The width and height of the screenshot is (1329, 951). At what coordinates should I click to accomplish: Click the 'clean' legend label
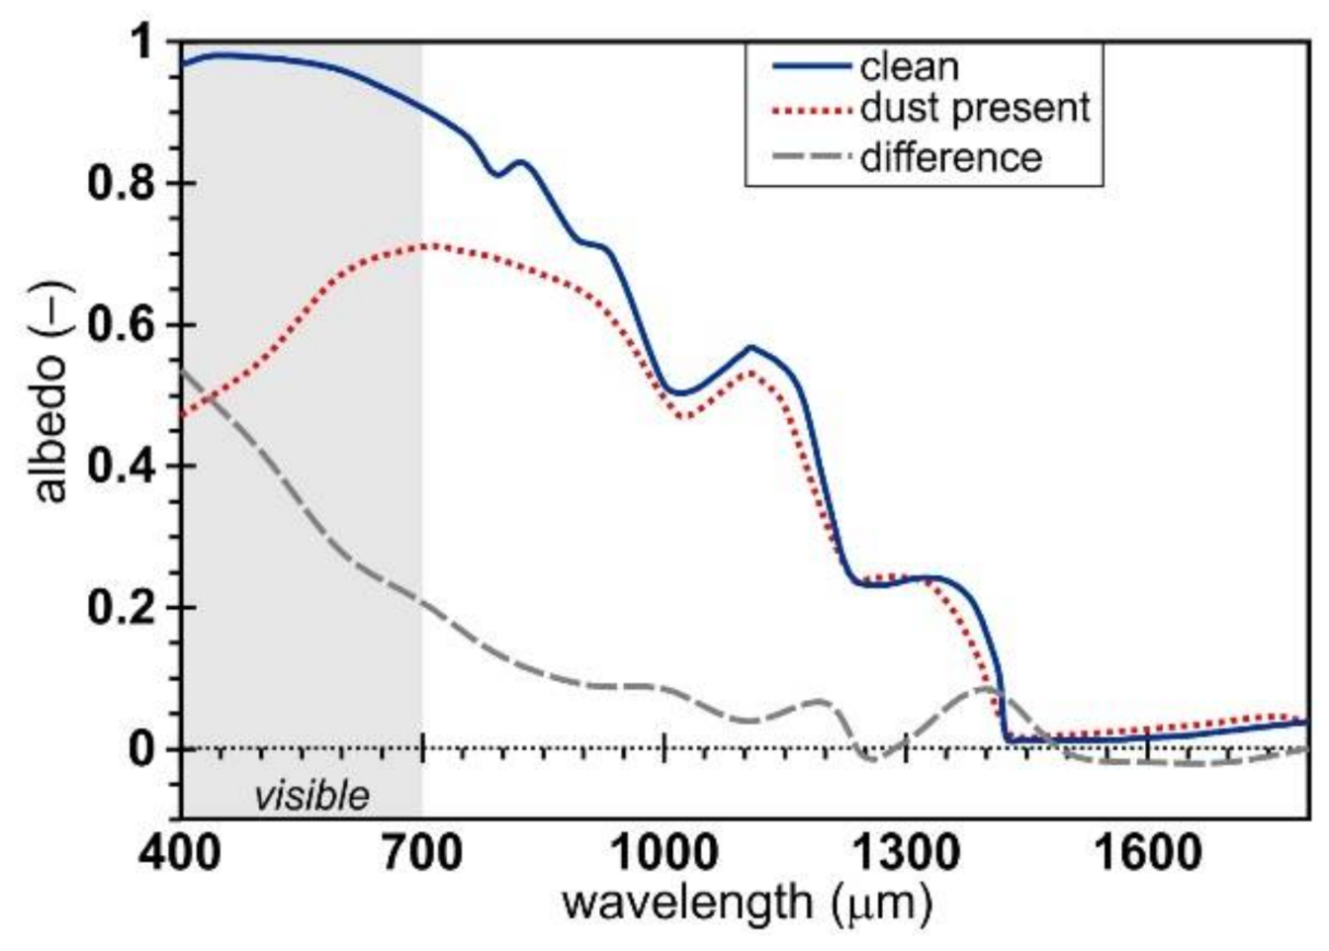[909, 67]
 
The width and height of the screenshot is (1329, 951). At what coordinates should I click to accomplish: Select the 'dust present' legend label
[975, 108]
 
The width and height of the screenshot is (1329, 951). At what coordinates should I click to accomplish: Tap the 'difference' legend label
[950, 157]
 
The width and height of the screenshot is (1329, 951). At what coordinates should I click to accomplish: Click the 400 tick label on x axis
[181, 852]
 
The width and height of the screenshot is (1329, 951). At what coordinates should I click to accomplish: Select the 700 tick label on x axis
[422, 852]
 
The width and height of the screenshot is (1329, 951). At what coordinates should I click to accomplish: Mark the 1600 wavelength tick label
[1148, 852]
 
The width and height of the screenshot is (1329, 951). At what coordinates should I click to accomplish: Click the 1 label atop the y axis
[141, 43]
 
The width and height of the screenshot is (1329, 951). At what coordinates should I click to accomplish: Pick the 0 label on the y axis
[141, 748]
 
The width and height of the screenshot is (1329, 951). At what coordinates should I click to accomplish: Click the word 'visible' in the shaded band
[311, 796]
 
